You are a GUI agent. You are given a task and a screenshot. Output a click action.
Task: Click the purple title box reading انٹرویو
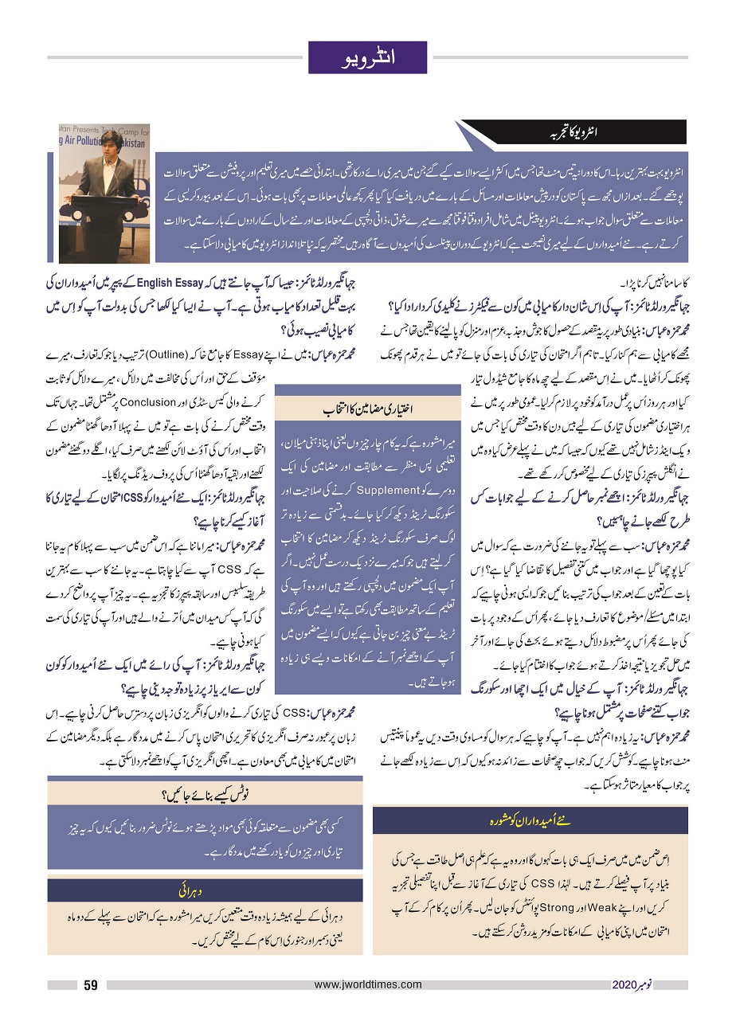368,57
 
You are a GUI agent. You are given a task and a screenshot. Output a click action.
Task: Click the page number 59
91,984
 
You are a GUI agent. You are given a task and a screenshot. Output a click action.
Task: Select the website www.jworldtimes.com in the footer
368,984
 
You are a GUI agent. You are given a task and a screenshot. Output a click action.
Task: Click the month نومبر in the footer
648,984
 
